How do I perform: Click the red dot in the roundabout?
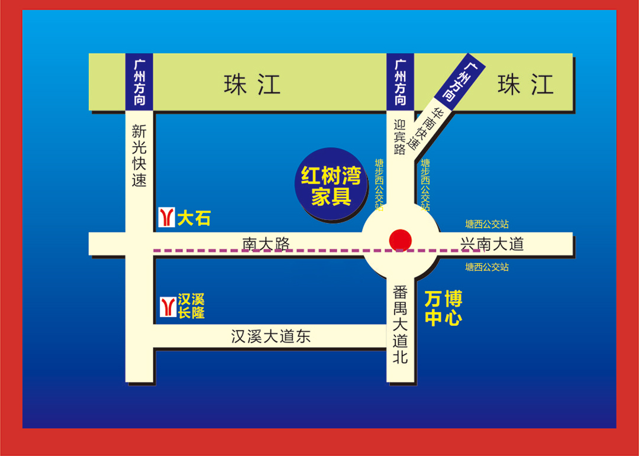click(401, 240)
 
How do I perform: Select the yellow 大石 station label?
click(193, 219)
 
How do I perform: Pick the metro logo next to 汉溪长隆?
click(167, 307)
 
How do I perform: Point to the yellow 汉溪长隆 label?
click(191, 306)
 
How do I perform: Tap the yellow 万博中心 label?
click(443, 308)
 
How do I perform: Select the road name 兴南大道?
click(492, 244)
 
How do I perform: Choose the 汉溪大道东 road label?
click(270, 337)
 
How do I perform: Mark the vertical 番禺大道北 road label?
click(401, 324)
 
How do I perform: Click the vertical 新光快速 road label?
click(139, 156)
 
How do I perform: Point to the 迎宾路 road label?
click(400, 137)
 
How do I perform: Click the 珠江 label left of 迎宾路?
click(251, 85)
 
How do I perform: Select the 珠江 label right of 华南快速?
click(525, 85)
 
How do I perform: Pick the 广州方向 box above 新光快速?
click(140, 82)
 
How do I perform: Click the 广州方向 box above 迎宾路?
click(400, 82)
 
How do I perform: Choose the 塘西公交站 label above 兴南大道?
click(487, 224)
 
